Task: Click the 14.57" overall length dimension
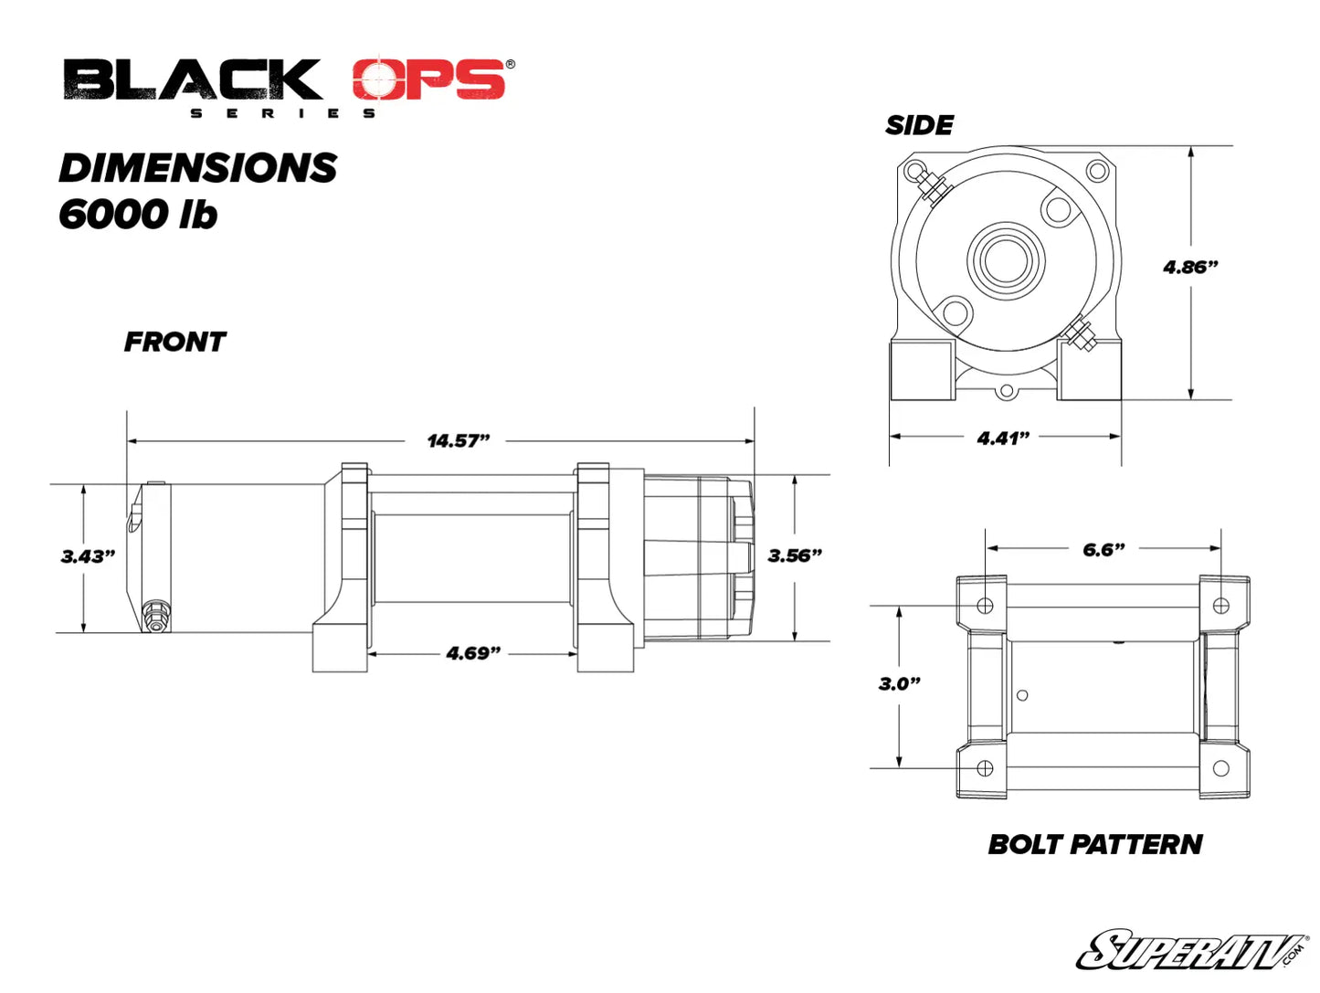459,441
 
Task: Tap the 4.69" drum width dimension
473,653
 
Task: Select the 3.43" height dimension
88,556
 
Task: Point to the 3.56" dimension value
795,555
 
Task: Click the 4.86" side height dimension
1190,267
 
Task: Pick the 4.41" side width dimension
1003,438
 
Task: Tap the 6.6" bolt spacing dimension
1104,549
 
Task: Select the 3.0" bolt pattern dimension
899,683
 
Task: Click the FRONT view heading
174,342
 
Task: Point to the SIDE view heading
919,125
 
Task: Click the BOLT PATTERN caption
1094,844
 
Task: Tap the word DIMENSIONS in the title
198,168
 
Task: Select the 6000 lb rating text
138,215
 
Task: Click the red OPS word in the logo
429,79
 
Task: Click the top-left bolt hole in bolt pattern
985,605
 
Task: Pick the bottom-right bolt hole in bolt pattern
1220,768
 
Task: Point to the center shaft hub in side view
1007,259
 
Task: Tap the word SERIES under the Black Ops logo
283,113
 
